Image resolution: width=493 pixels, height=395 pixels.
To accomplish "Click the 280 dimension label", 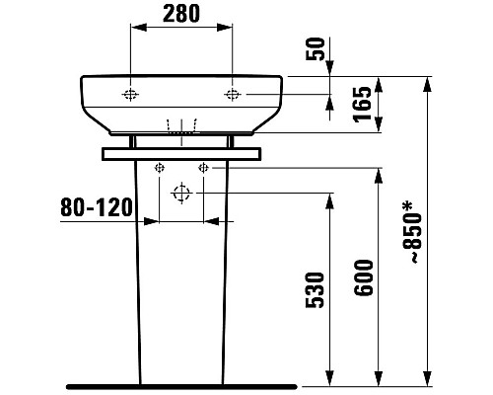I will [x=181, y=15].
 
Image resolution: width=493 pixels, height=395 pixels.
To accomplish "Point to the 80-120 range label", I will [x=96, y=208].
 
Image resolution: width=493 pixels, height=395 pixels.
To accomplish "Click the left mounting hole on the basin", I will [x=131, y=95].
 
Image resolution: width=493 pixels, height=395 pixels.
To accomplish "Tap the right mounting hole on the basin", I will [x=233, y=95].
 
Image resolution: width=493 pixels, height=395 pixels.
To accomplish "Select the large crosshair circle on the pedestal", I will [x=180, y=193].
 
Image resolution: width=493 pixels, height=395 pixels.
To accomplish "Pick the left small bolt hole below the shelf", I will [x=158, y=168].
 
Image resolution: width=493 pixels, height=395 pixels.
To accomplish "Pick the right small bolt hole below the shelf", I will [x=203, y=168].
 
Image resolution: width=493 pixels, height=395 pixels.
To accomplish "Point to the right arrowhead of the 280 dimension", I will [x=228, y=31].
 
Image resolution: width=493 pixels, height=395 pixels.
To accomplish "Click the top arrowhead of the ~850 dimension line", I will [x=427, y=80].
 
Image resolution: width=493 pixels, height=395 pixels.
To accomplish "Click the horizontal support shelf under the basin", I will [x=182, y=152].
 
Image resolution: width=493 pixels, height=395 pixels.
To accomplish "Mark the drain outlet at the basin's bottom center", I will [x=182, y=127].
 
